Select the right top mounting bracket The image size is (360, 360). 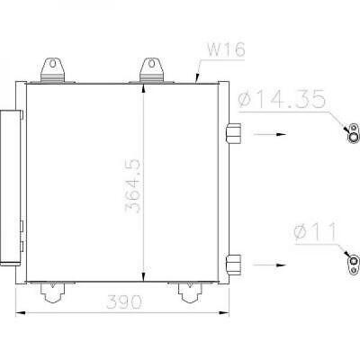point(148,70)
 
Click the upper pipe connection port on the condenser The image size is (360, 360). point(234,133)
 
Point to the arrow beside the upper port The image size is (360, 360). point(271,134)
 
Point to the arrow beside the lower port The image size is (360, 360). point(271,265)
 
